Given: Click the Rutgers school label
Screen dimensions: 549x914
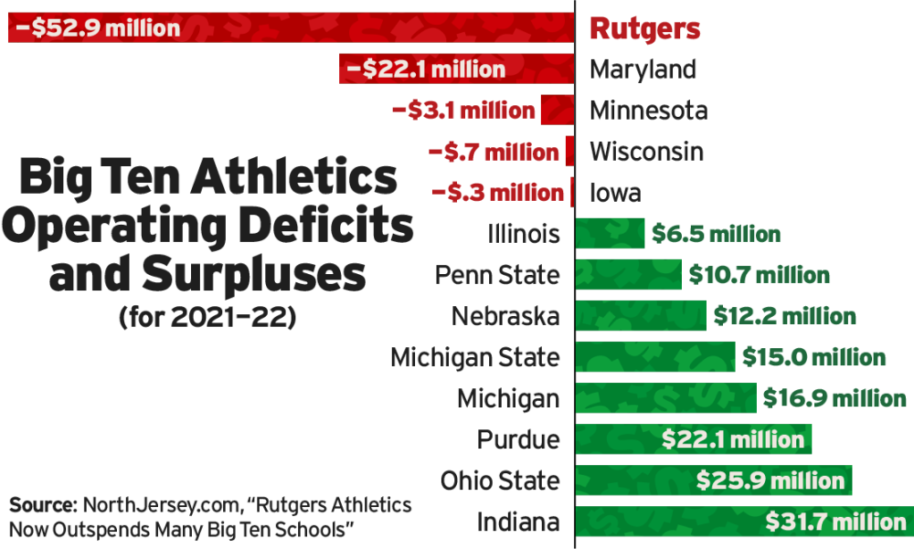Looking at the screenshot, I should point(644,28).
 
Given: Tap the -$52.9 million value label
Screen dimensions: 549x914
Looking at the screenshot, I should point(96,28).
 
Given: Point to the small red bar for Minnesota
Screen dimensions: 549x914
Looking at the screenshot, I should point(556,110).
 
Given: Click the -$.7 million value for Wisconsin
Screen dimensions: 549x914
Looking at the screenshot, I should point(494,152).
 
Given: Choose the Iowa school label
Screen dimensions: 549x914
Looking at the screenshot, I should point(615,193).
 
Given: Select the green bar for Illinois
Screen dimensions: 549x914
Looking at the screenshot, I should point(610,234).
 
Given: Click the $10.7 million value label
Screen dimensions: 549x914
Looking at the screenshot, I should point(759,275).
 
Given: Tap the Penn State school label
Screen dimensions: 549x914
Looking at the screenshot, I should point(498,275).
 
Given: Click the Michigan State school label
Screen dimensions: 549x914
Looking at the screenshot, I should point(476,358).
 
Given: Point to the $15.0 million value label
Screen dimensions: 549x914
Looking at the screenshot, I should point(814,358).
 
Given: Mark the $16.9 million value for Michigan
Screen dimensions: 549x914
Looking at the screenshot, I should point(835,399).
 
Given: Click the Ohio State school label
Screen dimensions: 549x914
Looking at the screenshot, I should point(501,481).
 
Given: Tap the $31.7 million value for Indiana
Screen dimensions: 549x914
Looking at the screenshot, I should point(836,522).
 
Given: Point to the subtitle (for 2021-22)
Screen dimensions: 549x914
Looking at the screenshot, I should point(206,318).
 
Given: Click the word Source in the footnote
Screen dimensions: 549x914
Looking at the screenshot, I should point(42,506).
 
